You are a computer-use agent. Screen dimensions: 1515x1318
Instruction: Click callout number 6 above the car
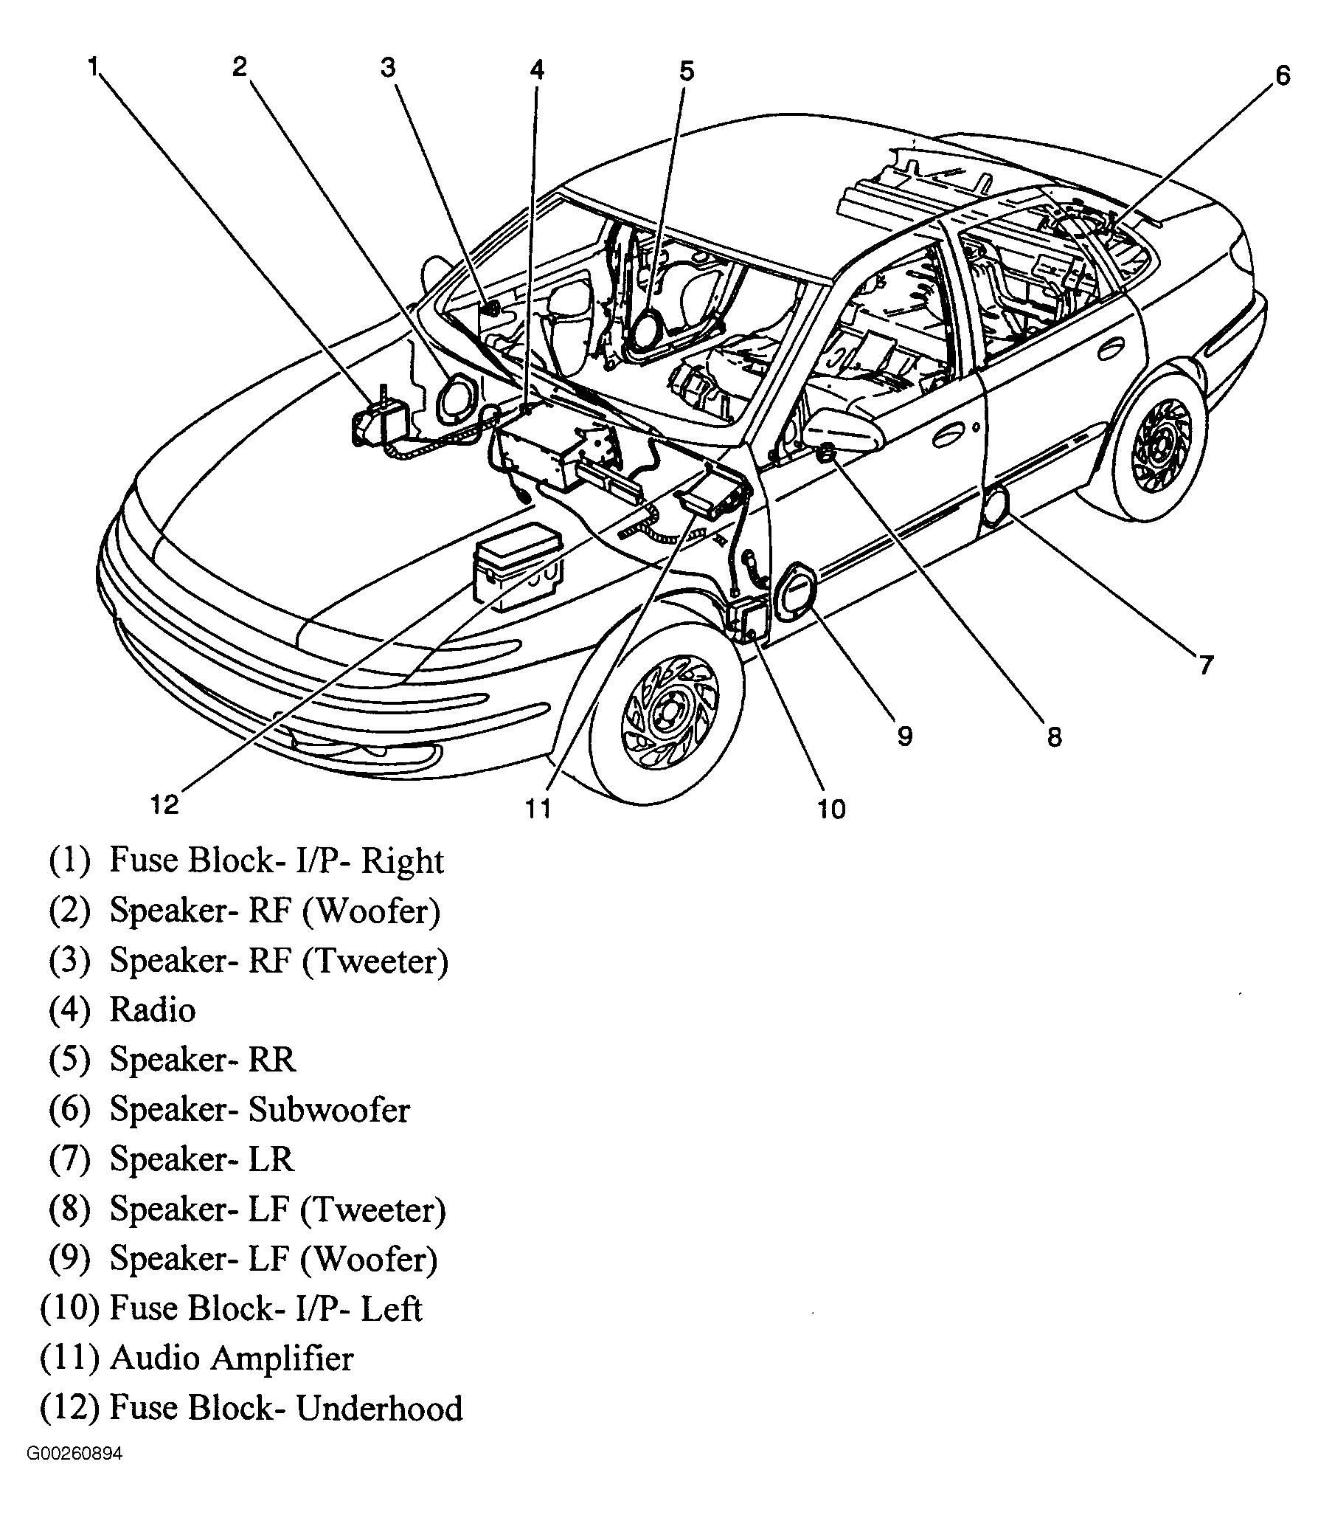[1283, 76]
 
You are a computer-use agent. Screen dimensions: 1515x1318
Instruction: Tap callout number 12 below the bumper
[165, 804]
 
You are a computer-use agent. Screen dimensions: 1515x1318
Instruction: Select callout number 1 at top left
[93, 67]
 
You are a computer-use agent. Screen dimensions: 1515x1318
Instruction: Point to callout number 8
[1054, 736]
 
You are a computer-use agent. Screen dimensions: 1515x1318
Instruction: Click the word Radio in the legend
[153, 1010]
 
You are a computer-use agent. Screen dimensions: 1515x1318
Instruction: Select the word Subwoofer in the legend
[329, 1110]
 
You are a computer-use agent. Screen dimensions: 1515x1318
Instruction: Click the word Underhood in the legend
[379, 1407]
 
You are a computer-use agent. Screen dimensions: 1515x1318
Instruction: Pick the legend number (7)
[69, 1159]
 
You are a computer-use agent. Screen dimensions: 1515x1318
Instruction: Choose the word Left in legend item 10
[392, 1308]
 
